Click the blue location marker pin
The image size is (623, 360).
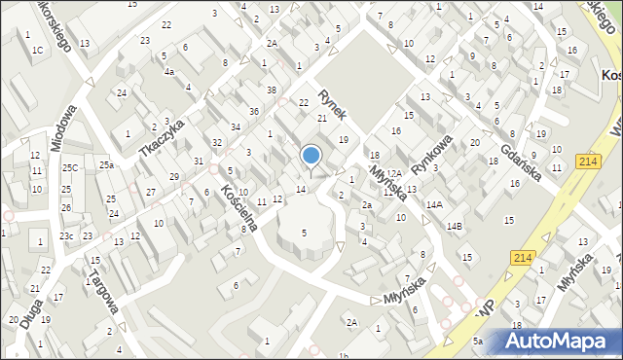311,156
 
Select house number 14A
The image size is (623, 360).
433,204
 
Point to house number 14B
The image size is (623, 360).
455,226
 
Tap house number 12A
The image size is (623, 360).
393,172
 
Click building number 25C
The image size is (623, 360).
69,167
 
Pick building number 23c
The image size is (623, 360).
66,235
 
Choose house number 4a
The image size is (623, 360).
168,72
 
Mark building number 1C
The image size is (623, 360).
37,50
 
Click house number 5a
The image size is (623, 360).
478,341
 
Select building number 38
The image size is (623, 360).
271,90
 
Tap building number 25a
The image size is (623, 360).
105,166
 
